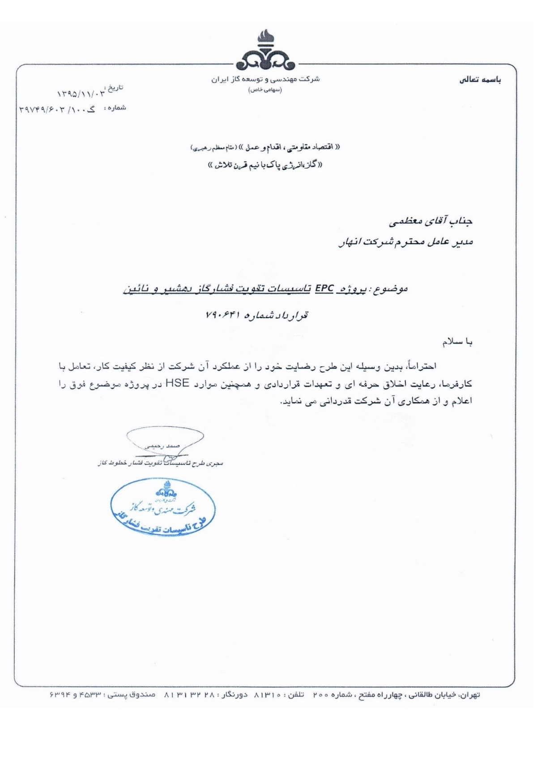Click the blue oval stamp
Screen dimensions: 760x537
pyautogui.click(x=164, y=507)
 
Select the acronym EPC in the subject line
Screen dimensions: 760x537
pyautogui.click(x=324, y=289)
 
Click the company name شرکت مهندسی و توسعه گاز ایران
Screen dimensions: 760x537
pyautogui.click(x=266, y=79)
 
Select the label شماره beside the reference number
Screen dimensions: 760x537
pyautogui.click(x=117, y=107)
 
